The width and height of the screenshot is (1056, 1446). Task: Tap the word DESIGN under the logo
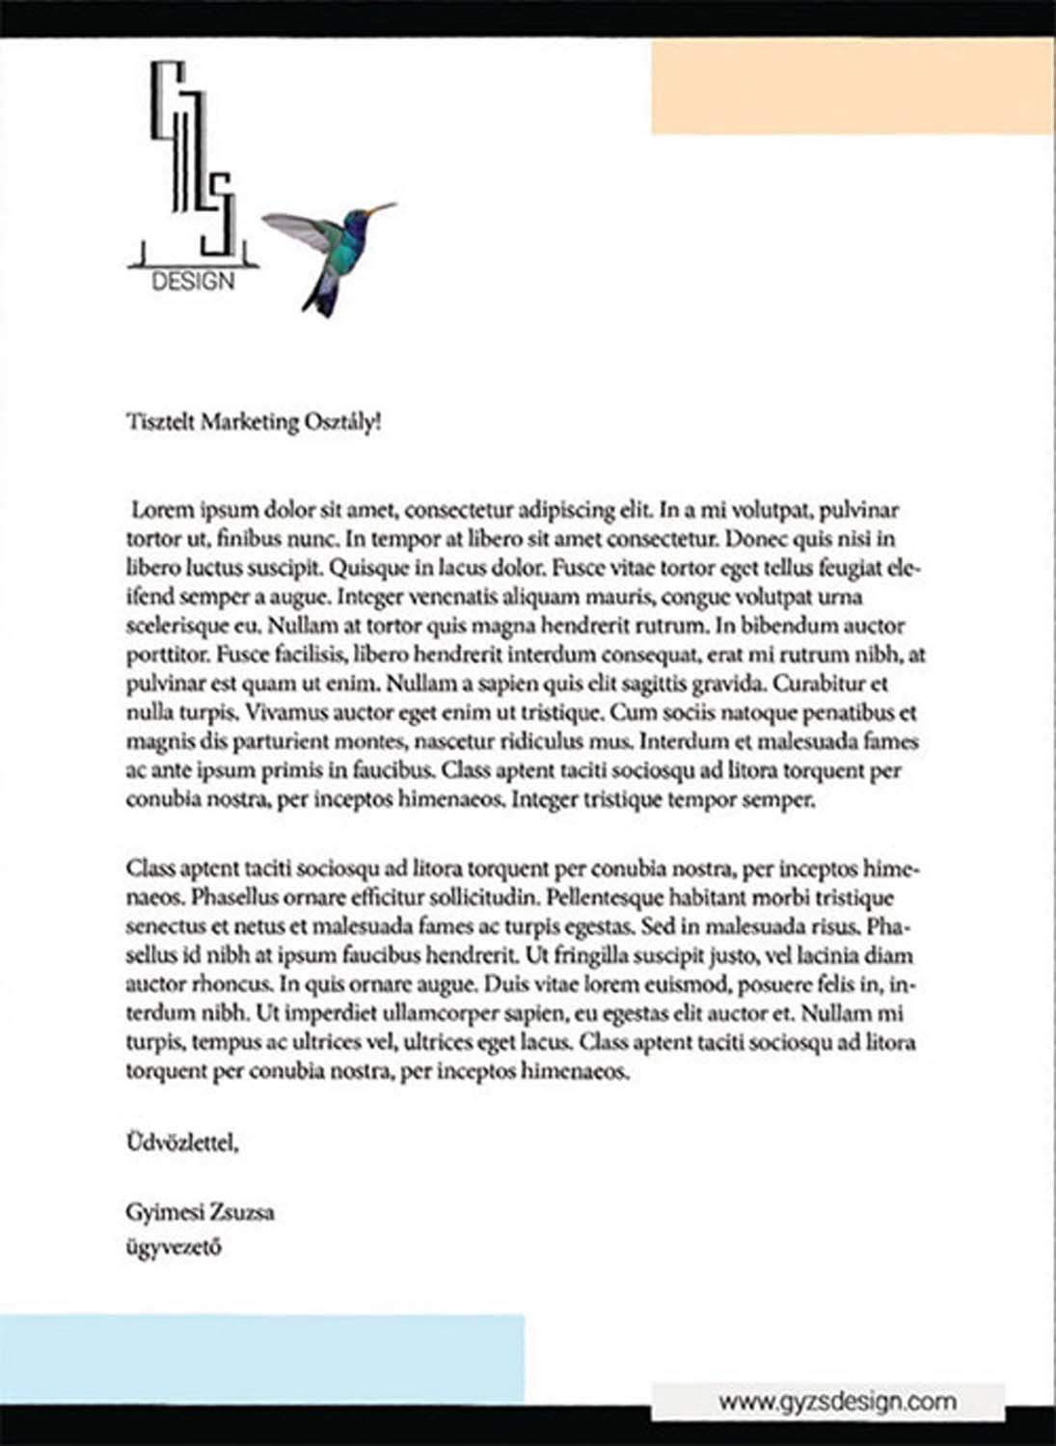pos(193,281)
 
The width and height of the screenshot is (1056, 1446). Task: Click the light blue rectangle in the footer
pos(261,1358)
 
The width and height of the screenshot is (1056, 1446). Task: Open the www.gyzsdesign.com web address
pos(837,1401)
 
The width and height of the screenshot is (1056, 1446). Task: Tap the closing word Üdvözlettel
pos(181,1143)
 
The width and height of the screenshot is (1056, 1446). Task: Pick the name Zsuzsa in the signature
pos(242,1212)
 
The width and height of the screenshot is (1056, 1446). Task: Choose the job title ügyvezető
pos(174,1246)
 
